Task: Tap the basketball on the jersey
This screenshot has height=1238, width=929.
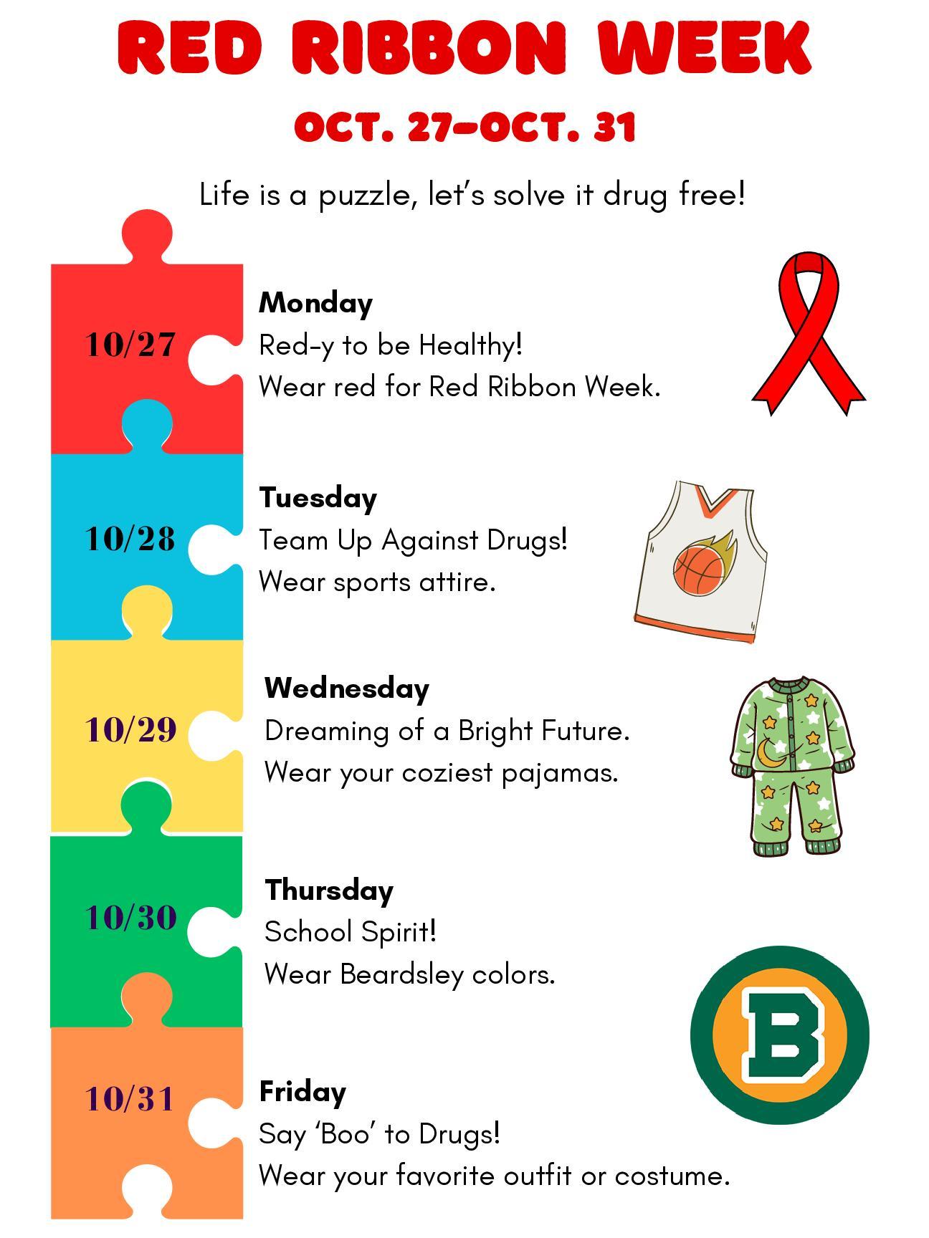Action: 697,570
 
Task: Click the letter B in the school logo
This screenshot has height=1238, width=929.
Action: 781,1035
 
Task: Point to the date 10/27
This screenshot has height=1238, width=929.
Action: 130,345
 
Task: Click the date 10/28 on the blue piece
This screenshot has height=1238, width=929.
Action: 130,539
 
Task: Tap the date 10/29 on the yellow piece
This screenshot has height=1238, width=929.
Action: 130,730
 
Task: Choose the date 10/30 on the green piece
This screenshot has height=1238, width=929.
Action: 130,918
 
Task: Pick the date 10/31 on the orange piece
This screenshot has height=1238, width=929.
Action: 130,1098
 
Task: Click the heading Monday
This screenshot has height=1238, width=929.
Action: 315,303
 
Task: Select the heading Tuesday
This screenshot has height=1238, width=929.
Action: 318,498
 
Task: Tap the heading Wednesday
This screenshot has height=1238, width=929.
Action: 346,688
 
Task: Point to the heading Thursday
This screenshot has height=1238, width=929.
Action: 329,891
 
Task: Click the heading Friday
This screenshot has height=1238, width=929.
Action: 302,1092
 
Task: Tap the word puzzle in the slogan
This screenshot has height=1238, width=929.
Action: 363,195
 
